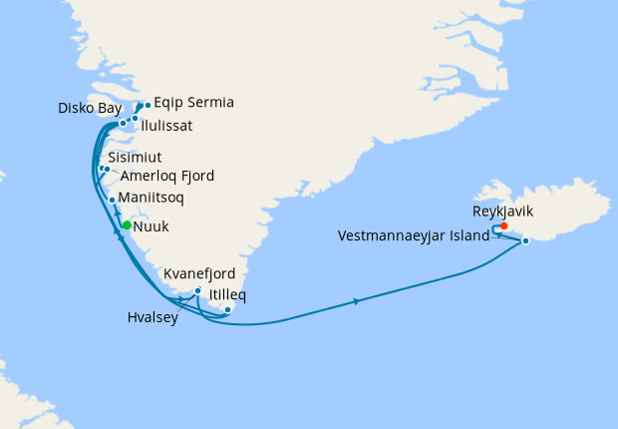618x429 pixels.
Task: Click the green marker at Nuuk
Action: [x=127, y=225]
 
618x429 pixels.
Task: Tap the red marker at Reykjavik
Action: [x=504, y=225]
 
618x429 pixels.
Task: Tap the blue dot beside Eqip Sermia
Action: [x=147, y=105]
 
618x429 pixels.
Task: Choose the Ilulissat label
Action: [x=166, y=126]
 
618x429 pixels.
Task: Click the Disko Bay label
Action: [x=90, y=108]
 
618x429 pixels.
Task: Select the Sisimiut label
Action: [x=135, y=158]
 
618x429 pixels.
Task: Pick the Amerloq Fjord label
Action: [x=166, y=176]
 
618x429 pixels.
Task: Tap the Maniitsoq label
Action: [x=151, y=199]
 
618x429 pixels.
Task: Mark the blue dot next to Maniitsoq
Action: [x=112, y=200]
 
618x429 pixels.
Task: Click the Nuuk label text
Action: [x=151, y=226]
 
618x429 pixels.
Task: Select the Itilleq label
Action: [x=228, y=295]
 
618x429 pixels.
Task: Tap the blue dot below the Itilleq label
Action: [x=228, y=310]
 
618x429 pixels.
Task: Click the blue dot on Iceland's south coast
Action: [x=525, y=240]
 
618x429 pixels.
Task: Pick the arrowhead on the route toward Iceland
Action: [x=357, y=300]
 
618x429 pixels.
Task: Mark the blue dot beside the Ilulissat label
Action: [x=135, y=119]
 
